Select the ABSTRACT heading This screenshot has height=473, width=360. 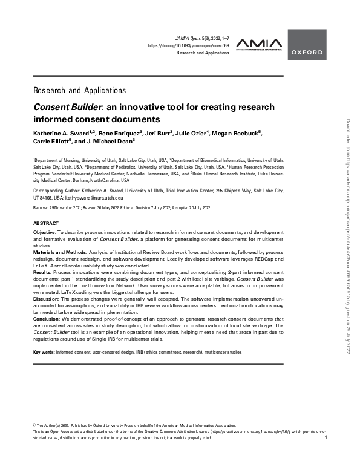[x=46, y=223]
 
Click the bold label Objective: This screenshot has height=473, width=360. [x=45, y=232]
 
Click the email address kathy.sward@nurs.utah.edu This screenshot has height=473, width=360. [x=93, y=197]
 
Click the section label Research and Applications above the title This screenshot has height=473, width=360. [x=79, y=90]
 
